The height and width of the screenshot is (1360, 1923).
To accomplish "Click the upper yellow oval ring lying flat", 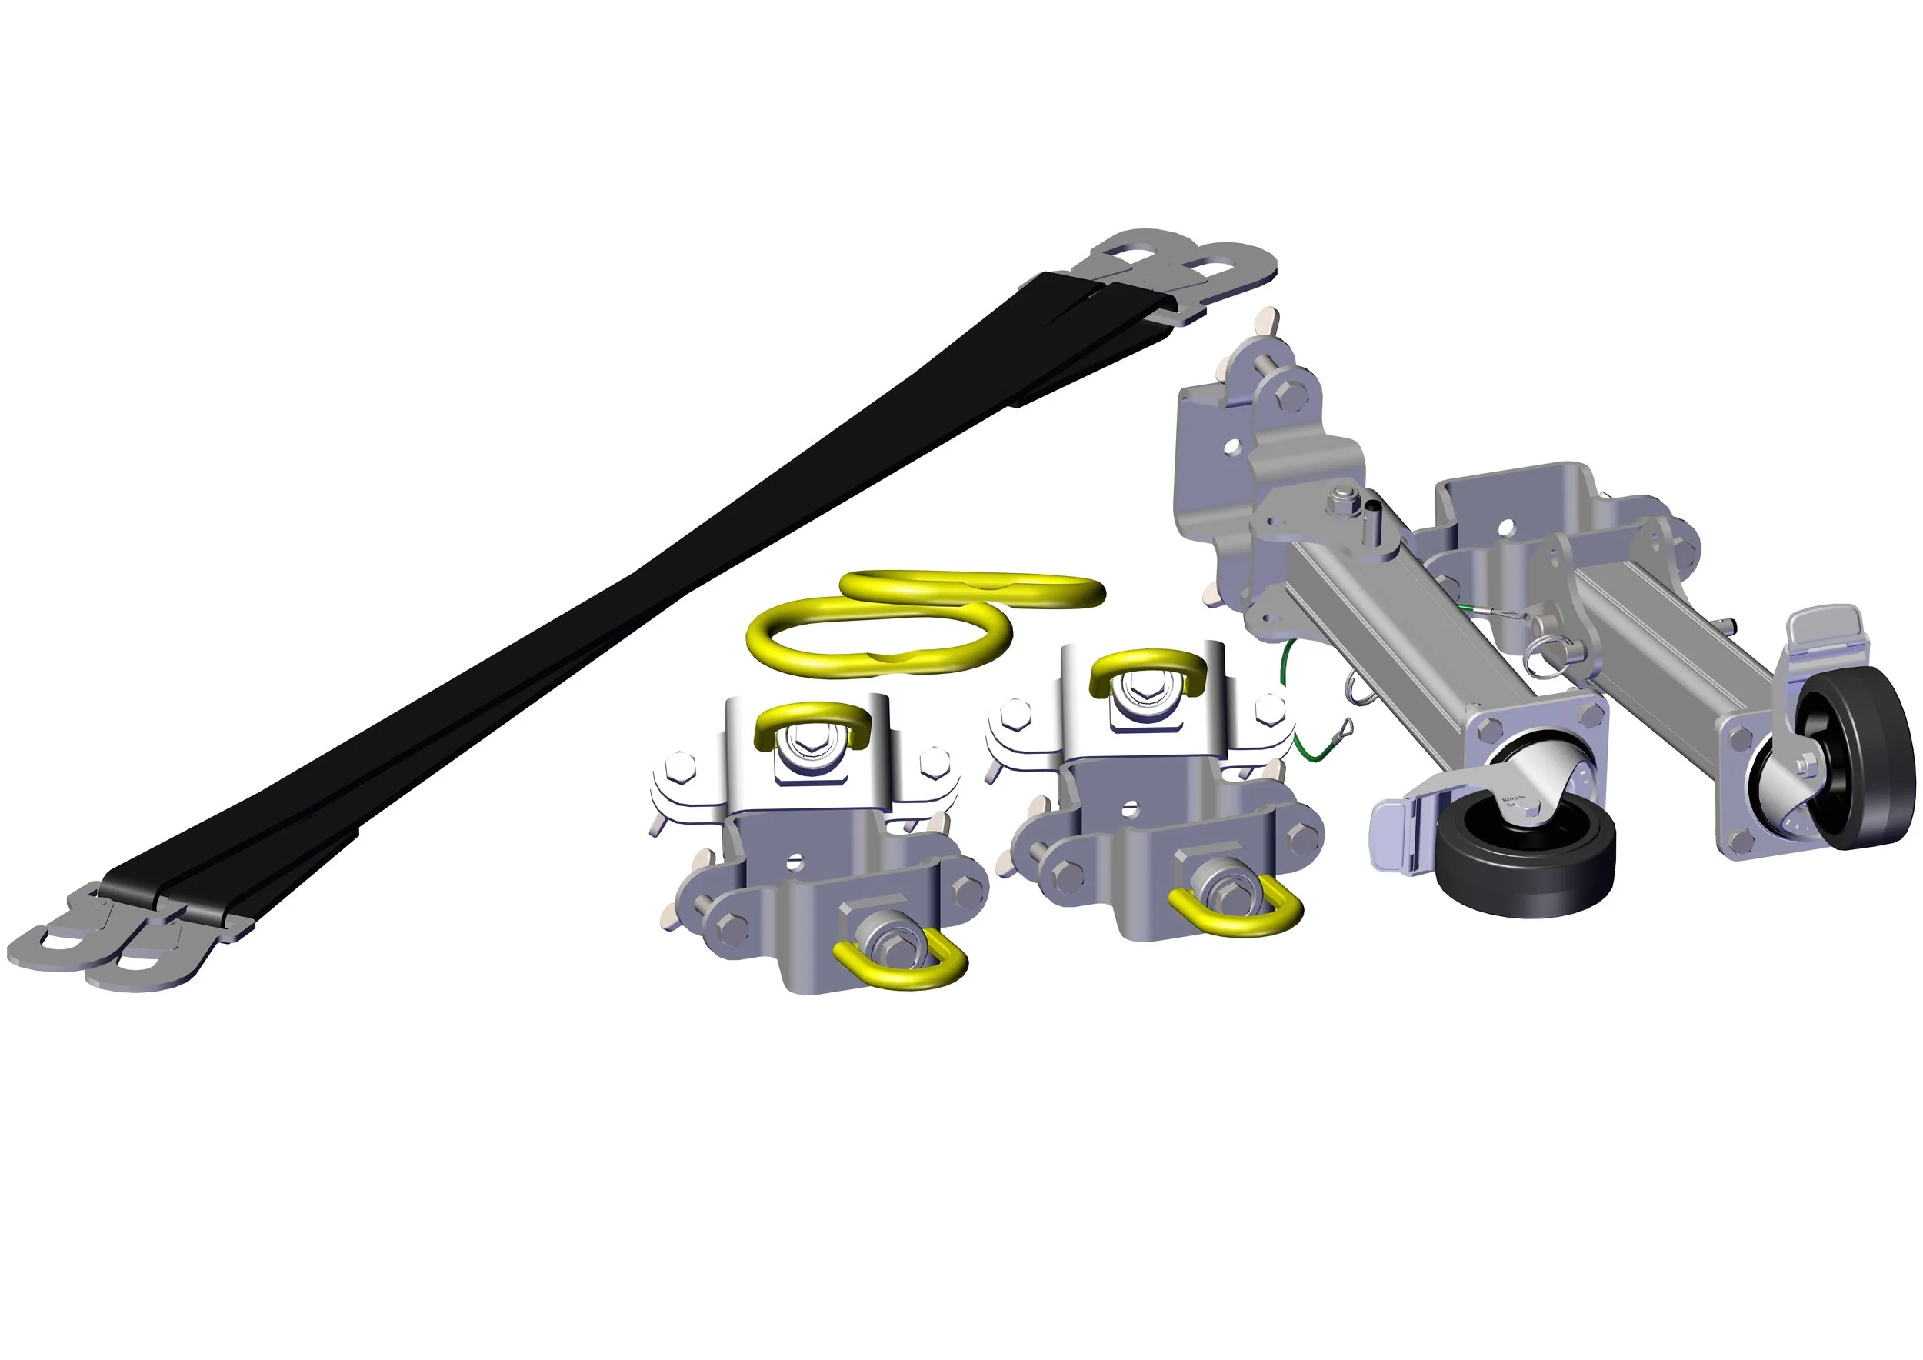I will pos(971,586).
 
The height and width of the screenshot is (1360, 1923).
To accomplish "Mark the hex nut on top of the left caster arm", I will pos(1340,502).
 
